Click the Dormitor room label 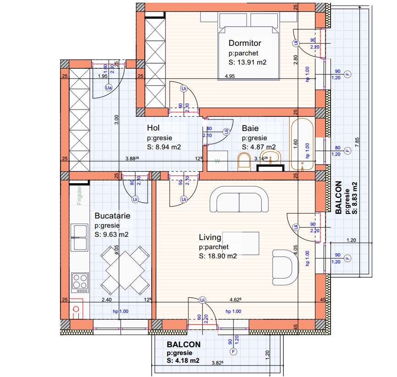point(245,43)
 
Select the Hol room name point(153,128)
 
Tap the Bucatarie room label point(112,215)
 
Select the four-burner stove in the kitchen point(80,283)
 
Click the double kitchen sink point(79,237)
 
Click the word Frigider point(80,195)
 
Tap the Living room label point(210,237)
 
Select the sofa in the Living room point(239,202)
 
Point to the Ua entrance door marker point(109,87)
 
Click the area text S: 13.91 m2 point(248,62)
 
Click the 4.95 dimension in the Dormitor point(230,76)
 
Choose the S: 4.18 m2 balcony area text point(183,361)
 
